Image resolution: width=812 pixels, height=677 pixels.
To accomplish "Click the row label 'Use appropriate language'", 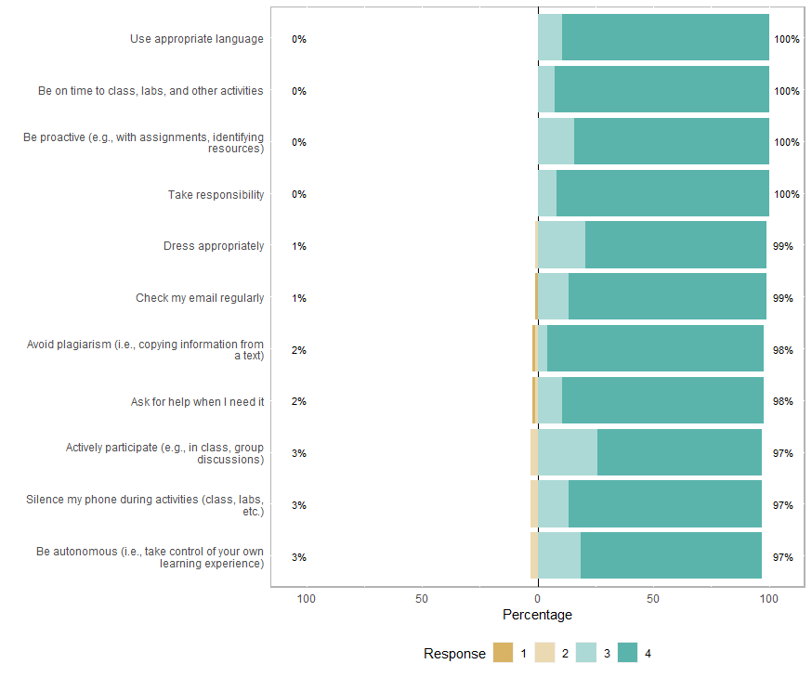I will click(197, 39).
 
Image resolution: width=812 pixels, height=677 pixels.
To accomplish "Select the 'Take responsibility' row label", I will click(216, 195).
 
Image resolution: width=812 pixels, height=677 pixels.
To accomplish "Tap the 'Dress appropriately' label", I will click(214, 246).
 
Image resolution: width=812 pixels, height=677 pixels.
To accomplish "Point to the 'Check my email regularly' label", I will click(200, 298).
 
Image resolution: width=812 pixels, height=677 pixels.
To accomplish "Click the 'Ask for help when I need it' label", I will click(197, 402).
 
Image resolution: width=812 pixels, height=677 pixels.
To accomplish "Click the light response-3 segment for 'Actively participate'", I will click(568, 453).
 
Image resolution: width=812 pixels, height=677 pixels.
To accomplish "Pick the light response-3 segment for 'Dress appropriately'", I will click(562, 246).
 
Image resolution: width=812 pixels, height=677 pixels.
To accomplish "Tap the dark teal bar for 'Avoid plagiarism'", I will click(655, 350).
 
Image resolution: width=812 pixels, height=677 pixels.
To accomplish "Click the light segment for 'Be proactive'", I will click(556, 142).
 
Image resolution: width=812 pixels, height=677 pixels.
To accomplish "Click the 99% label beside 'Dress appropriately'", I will click(782, 246).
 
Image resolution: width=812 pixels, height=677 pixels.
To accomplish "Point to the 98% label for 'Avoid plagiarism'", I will click(782, 350).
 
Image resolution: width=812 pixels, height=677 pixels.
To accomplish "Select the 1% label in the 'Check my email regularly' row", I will click(298, 298).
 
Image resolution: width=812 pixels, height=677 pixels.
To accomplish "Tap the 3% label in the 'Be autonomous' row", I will click(298, 557).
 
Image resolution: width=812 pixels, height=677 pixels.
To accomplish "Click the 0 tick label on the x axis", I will click(537, 599).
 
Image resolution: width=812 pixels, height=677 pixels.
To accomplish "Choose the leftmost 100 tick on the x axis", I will click(306, 599).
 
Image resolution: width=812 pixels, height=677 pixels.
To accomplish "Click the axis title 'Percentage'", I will click(537, 615).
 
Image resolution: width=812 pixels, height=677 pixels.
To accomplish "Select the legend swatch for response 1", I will click(503, 653).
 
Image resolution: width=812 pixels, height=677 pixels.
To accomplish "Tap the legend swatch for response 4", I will click(628, 653).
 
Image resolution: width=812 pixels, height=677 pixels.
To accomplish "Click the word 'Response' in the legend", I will click(454, 654).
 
